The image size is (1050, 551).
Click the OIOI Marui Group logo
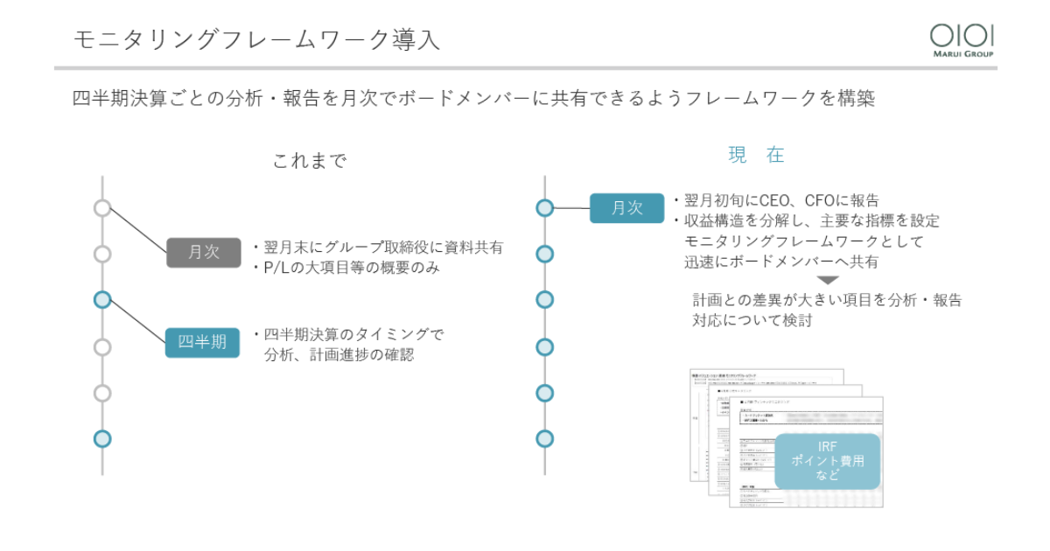click(962, 39)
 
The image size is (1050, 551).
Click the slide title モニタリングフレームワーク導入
click(256, 39)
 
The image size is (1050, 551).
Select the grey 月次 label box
click(203, 252)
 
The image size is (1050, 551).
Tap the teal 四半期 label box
click(202, 342)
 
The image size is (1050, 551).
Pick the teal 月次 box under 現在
click(626, 208)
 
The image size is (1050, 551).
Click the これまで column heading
click(309, 161)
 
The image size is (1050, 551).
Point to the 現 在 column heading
click(756, 156)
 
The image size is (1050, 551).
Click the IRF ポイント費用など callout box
click(827, 461)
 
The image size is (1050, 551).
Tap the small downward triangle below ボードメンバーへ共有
click(828, 281)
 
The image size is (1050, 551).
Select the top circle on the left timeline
click(102, 208)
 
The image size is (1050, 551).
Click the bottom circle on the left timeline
click(102, 439)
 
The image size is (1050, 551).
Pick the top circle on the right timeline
click(545, 208)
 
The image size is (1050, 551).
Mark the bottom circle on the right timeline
click(545, 439)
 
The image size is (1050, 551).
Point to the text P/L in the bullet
click(277, 268)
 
